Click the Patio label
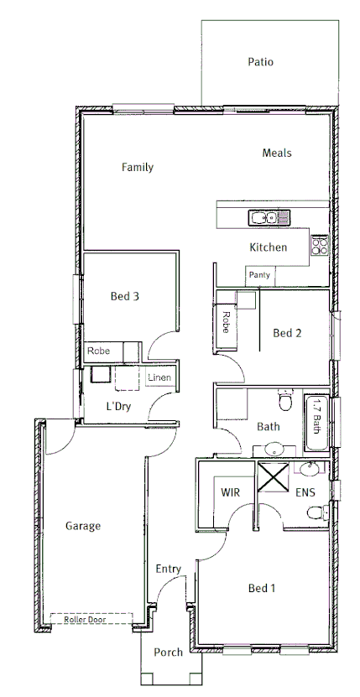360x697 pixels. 260,61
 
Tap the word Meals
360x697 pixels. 276,153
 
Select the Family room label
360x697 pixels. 137,167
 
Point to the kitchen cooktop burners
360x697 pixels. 320,246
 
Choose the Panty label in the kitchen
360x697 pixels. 258,274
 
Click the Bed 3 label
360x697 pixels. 124,295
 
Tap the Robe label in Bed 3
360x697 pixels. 98,351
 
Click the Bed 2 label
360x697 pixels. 287,333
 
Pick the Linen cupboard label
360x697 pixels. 159,377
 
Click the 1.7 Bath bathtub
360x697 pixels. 316,415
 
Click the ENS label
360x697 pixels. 305,492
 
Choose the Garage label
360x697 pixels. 83,526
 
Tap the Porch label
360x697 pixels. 168,653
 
